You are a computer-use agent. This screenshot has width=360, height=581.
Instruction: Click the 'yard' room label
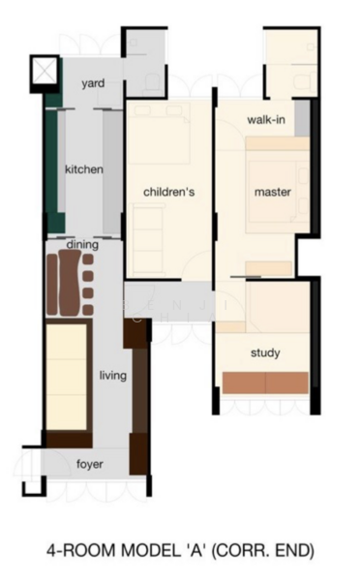(x=94, y=84)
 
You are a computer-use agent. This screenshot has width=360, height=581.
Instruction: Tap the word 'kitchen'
(x=84, y=169)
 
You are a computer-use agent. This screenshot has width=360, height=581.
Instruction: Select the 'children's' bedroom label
(x=169, y=192)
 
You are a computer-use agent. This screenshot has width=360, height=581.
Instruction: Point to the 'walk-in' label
(x=264, y=120)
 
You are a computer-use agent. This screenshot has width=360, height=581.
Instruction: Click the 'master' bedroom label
(x=273, y=192)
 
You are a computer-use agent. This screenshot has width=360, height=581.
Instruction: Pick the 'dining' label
(x=82, y=245)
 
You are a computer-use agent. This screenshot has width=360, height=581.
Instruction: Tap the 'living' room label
(x=112, y=375)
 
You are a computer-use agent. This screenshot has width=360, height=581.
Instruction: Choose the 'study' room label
(x=265, y=352)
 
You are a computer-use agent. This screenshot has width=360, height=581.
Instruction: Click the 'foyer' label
(x=89, y=464)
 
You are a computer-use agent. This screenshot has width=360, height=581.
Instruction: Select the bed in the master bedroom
(x=276, y=184)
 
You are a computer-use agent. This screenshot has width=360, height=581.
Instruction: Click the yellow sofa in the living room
(x=69, y=378)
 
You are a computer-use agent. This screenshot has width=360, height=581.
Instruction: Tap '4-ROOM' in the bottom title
(x=81, y=551)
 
